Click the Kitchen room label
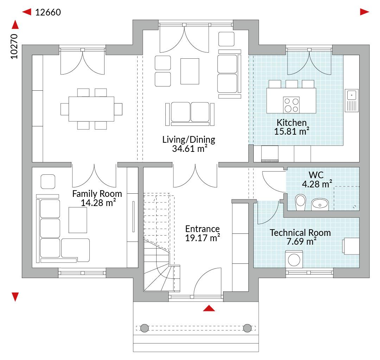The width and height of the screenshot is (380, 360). click(292, 122)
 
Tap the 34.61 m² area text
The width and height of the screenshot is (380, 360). click(190, 148)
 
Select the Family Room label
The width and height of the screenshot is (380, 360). click(97, 194)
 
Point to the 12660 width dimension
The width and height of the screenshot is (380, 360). click(48, 12)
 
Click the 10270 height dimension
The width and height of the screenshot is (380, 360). click(14, 46)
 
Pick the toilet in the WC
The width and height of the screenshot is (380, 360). click(300, 202)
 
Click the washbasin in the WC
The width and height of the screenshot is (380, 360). click(319, 204)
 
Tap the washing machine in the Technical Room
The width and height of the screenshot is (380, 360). click(294, 259)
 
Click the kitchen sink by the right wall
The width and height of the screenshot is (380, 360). click(351, 101)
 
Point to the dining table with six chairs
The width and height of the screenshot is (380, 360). click(91, 109)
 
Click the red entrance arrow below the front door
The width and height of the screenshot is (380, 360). click(209, 308)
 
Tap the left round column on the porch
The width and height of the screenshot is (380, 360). click(145, 328)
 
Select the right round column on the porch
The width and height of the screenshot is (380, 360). click(247, 328)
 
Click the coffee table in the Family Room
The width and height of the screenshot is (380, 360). click(78, 220)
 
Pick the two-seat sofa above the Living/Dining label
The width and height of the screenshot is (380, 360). click(190, 114)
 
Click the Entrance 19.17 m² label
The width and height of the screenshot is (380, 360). click(202, 233)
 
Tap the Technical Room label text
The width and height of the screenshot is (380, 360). click(300, 233)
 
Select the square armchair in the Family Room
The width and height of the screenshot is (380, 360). click(48, 181)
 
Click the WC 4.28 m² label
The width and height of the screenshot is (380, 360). click(317, 179)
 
